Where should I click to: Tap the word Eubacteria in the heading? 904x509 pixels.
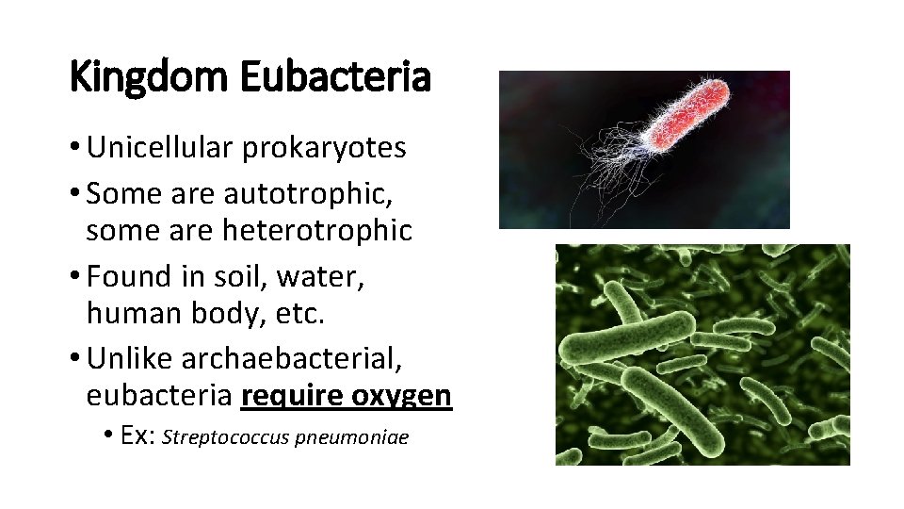(334, 77)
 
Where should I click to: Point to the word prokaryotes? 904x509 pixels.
(324, 148)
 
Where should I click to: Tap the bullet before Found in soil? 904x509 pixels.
(76, 277)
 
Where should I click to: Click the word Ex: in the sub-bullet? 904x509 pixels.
(141, 437)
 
